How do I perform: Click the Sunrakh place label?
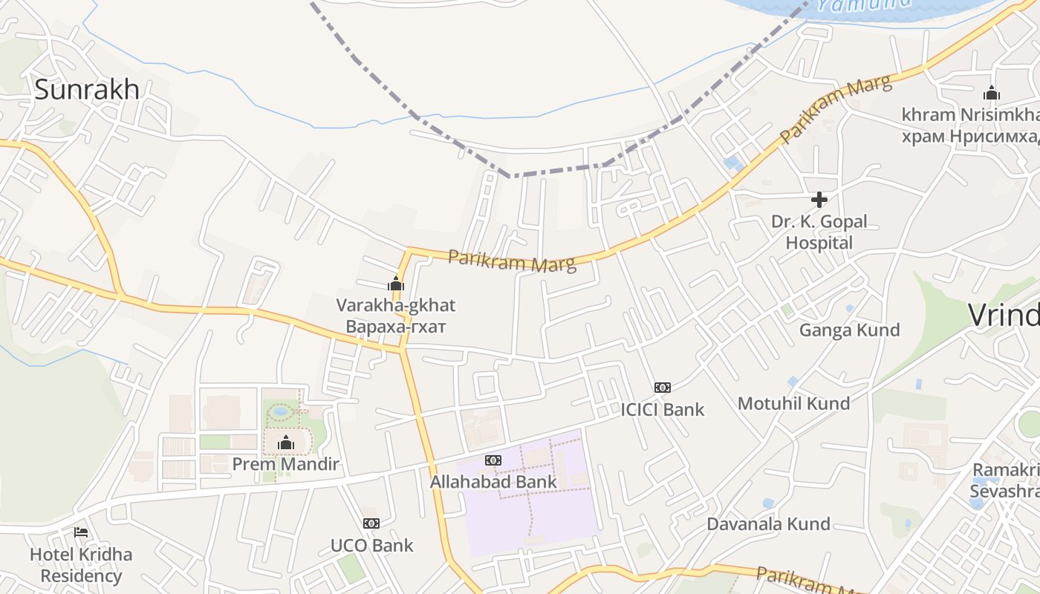pos(87,89)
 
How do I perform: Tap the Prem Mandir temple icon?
pos(286,443)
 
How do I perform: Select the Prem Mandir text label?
pos(286,465)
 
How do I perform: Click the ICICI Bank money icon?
pos(662,388)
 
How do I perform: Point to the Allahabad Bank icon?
pos(493,460)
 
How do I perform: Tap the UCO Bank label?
pos(372,546)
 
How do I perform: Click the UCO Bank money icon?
pos(371,523)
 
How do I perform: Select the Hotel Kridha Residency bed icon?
pos(81,532)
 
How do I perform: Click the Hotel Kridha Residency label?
pos(81,565)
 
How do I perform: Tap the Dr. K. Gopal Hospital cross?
pos(819,200)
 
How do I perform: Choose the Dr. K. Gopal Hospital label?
pos(819,232)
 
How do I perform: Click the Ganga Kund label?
pos(849,330)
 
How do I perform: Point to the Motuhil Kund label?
pos(793,404)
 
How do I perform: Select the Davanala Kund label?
pos(768,524)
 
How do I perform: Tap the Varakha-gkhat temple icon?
pos(396,284)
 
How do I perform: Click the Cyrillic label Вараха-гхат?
pos(396,327)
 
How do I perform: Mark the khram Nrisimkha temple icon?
pos(991,94)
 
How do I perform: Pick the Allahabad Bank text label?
pos(493,482)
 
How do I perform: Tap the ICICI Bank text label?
pos(663,409)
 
